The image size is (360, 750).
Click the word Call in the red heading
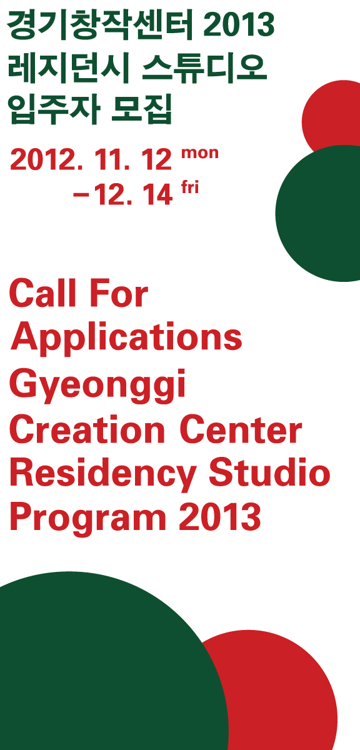click(43, 293)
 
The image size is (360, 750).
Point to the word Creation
click(87, 429)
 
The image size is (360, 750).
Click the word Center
click(241, 429)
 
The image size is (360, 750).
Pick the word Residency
click(103, 476)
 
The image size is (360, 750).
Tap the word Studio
click(269, 472)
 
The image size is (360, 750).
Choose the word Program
click(88, 519)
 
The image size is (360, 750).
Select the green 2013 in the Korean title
click(239, 24)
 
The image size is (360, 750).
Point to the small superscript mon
click(200, 153)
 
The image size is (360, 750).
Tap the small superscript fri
click(190, 187)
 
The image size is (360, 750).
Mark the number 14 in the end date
click(157, 194)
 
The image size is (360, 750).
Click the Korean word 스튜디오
click(204, 68)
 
